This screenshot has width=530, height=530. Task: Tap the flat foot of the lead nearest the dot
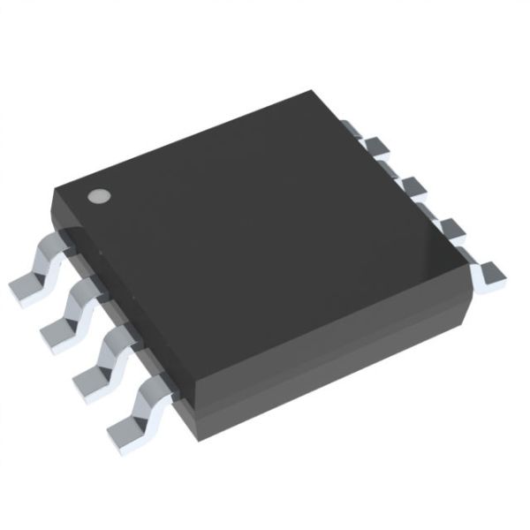click(x=25, y=286)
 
